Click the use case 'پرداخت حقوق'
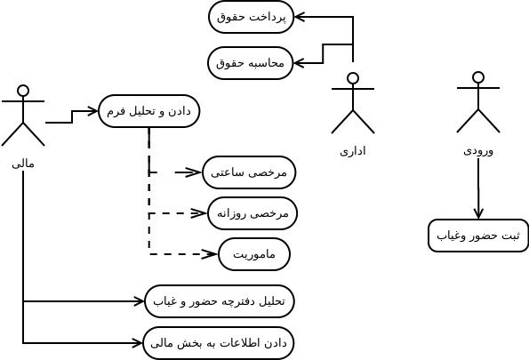(x=251, y=17)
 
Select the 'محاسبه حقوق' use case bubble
(x=250, y=63)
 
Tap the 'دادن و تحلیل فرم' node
(x=148, y=111)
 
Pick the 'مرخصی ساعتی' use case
(x=249, y=172)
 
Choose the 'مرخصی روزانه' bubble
(x=252, y=213)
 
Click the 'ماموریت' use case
(x=254, y=254)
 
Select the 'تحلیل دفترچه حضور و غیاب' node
(x=220, y=301)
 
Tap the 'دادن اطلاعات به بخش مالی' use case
(x=219, y=343)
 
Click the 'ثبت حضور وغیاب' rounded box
(x=478, y=236)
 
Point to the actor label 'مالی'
(x=23, y=164)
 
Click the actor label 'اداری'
(x=353, y=151)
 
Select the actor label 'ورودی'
(x=478, y=151)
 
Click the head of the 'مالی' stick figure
(x=23, y=91)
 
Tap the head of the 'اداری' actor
(x=353, y=78)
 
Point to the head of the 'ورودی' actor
(x=478, y=77)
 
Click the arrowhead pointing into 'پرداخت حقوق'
(x=300, y=17)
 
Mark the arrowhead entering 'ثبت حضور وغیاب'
(x=478, y=214)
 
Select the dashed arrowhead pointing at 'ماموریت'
(x=210, y=254)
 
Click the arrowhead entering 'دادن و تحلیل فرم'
(x=92, y=111)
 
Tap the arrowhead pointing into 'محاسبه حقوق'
(x=299, y=63)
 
